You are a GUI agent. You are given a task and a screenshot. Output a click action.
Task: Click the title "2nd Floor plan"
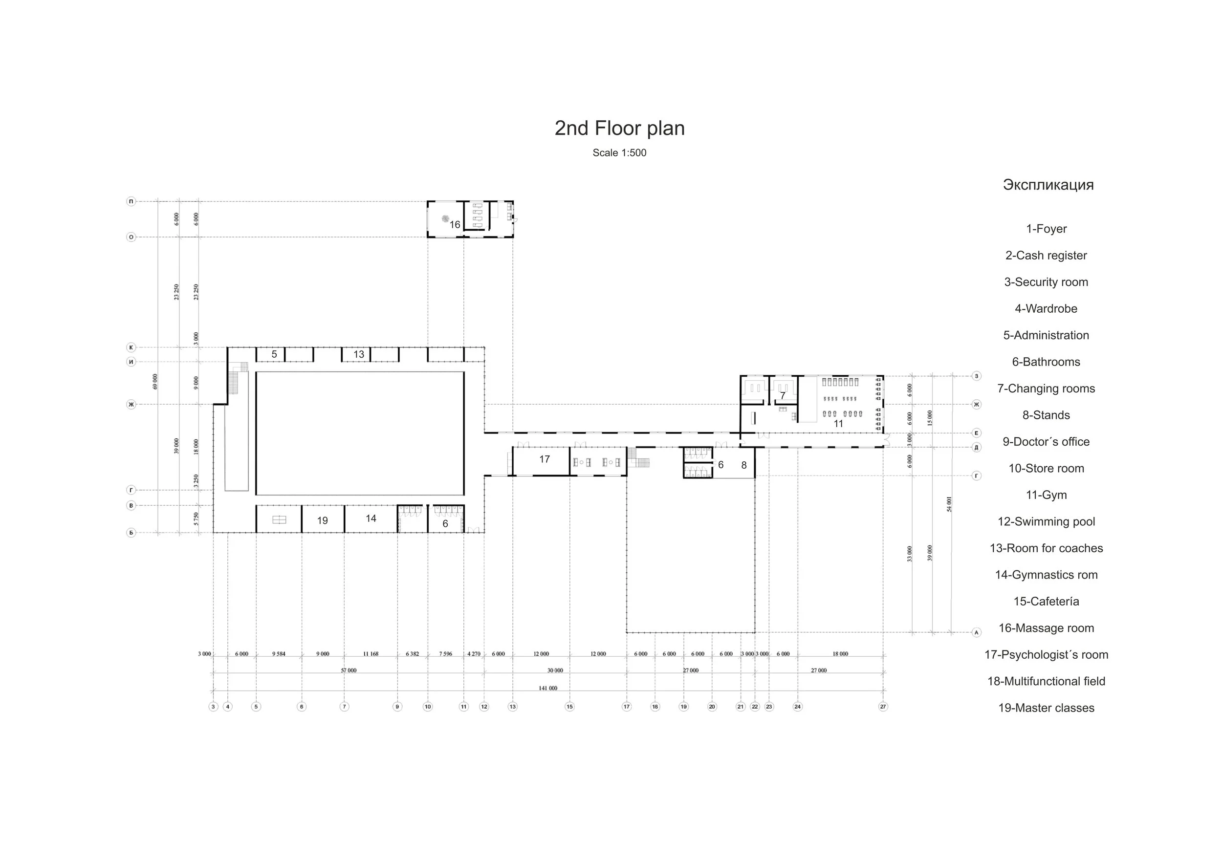[619, 128]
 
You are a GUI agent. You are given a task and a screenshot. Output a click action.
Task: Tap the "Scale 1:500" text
[619, 152]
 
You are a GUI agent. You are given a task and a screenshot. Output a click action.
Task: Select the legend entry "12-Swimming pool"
[1046, 521]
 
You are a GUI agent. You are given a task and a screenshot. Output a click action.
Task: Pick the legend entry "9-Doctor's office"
[1046, 442]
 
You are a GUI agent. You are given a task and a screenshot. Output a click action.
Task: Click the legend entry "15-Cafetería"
[1046, 601]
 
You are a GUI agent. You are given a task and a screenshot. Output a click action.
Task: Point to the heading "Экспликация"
[1048, 185]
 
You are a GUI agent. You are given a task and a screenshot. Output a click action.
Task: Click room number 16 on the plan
[455, 224]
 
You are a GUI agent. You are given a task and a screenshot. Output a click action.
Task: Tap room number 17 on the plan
[544, 459]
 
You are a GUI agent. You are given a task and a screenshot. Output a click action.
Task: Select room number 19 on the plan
[323, 520]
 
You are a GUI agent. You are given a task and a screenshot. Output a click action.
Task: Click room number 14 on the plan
[371, 518]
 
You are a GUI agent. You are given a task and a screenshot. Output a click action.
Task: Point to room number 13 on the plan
[359, 354]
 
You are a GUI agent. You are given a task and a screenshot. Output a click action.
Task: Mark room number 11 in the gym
[838, 424]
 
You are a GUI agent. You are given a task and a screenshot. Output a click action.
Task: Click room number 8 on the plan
[743, 465]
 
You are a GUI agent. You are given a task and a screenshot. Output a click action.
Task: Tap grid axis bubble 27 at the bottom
[883, 707]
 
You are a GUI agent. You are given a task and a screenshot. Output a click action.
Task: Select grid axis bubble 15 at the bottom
[569, 707]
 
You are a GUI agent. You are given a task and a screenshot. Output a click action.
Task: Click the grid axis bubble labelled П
[131, 201]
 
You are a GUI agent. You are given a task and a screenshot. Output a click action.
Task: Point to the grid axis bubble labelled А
[976, 632]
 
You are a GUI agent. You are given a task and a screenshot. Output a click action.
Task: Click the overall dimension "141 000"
[547, 688]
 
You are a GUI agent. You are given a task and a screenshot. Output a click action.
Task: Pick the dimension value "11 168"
[371, 654]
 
